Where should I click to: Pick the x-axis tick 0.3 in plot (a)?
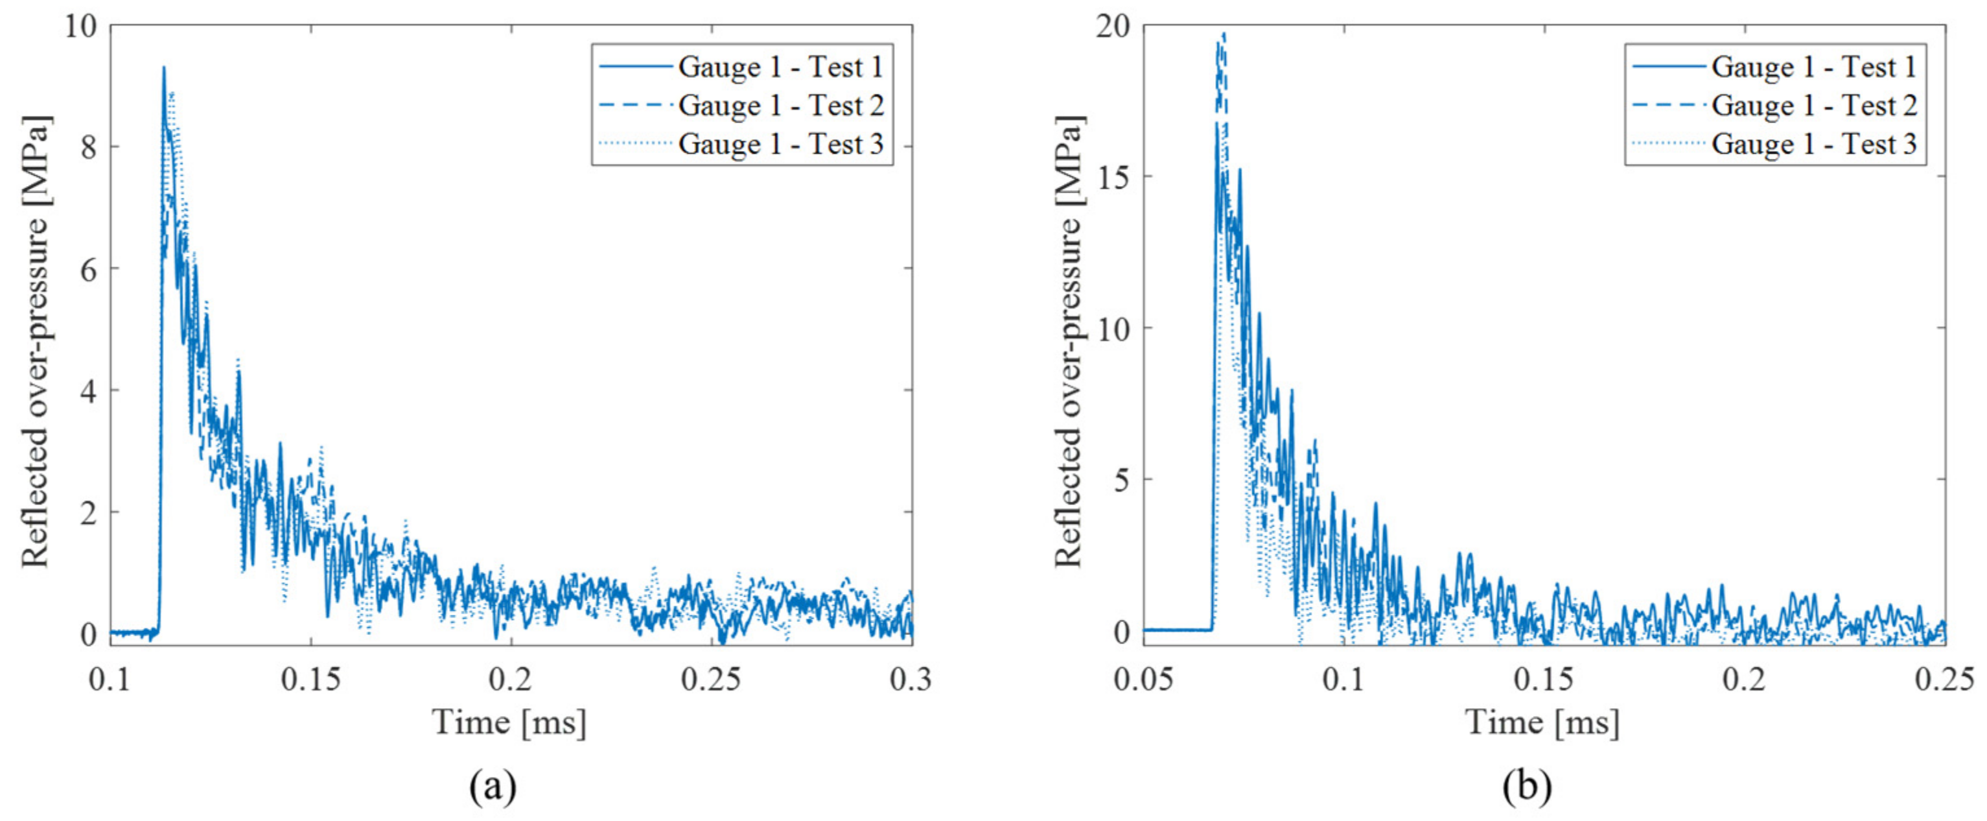911,680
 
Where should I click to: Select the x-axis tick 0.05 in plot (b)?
1144,680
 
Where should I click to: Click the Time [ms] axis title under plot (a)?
510,723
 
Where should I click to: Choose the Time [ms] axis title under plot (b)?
1542,723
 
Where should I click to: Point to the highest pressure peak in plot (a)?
163,68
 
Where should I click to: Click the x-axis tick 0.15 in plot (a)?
311,680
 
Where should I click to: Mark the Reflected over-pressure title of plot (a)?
35,341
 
